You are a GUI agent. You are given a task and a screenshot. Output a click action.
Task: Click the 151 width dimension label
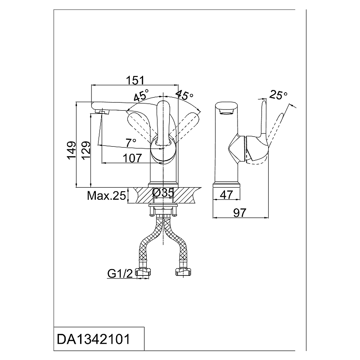click(x=135, y=80)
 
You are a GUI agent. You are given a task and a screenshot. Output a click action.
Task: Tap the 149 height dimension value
click(x=72, y=150)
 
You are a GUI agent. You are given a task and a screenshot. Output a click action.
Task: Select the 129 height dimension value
click(x=86, y=150)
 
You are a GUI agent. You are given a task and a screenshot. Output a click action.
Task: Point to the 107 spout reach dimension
click(x=132, y=158)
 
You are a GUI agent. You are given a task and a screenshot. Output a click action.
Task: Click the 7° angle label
click(x=131, y=143)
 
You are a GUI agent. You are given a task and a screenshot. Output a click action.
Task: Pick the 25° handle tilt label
click(x=278, y=94)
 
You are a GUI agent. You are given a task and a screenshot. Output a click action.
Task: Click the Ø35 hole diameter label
click(x=163, y=193)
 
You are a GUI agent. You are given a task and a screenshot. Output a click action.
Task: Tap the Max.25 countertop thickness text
click(x=107, y=196)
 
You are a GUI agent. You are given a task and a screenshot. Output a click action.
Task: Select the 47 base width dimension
click(x=226, y=195)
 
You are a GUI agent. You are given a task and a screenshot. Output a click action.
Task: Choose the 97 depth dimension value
click(x=240, y=212)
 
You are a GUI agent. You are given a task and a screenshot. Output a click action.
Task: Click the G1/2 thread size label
click(x=120, y=274)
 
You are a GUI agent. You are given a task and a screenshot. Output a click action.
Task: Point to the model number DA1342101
click(x=94, y=339)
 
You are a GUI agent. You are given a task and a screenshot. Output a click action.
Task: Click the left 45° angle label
click(x=141, y=95)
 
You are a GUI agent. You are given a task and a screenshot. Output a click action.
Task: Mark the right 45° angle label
click(x=184, y=95)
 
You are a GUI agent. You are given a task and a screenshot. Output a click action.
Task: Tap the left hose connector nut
click(x=144, y=272)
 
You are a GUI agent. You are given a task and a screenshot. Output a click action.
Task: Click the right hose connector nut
click(x=183, y=272)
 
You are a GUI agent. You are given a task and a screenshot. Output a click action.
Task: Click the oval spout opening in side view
click(x=226, y=112)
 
